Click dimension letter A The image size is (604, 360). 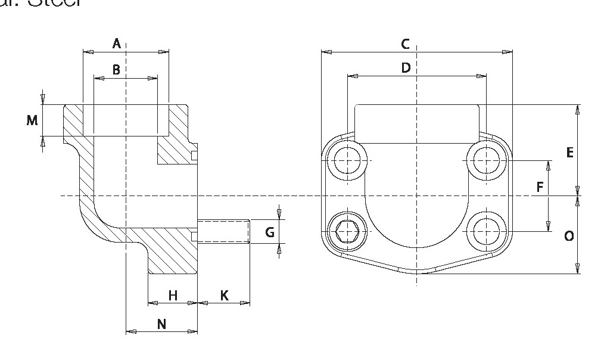coord(117,43)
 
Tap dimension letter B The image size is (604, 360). coord(116,70)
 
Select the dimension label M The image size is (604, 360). coord(32,120)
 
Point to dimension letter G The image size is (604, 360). coord(270,232)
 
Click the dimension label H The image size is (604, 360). coord(173,295)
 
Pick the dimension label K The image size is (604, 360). coord(224,295)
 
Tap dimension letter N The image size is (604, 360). coord(161,324)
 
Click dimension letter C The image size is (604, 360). coord(405,44)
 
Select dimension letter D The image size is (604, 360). coord(406,68)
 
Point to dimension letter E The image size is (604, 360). coord(569,153)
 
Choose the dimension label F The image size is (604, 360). coord(540,188)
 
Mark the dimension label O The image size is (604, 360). coord(569,237)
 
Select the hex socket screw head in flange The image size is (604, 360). coord(346,231)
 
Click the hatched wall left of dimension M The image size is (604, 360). coord(73,120)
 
